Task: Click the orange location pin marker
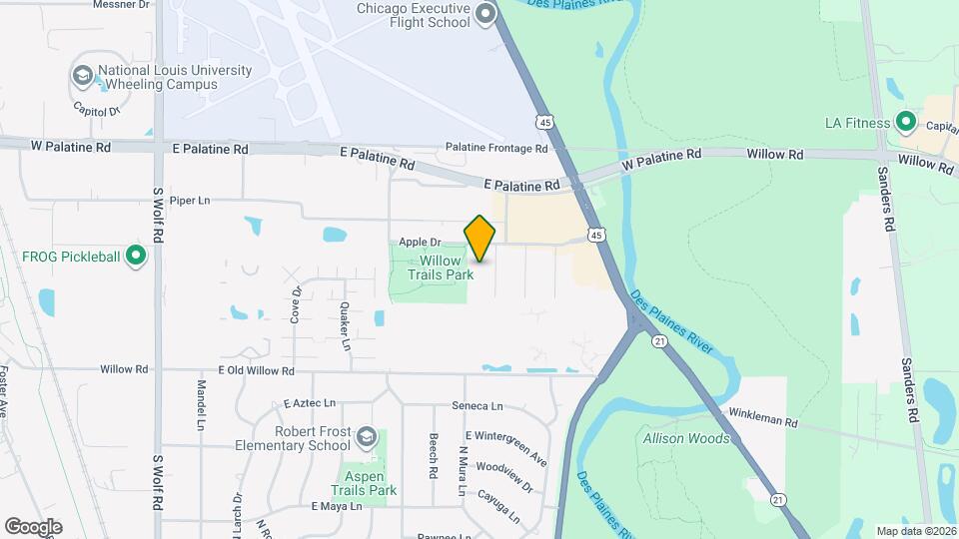pos(479,239)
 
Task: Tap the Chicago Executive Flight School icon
pos(486,13)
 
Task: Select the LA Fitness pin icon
pos(906,123)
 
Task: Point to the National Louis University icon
pos(83,76)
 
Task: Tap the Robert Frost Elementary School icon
pos(368,436)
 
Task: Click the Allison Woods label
pos(686,438)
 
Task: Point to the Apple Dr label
pos(420,242)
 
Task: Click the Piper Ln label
pos(190,201)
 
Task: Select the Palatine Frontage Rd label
pos(496,149)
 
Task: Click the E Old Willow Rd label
pos(242,370)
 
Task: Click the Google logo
pos(33,526)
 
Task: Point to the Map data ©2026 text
pos(915,531)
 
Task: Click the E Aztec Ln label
pos(308,403)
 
